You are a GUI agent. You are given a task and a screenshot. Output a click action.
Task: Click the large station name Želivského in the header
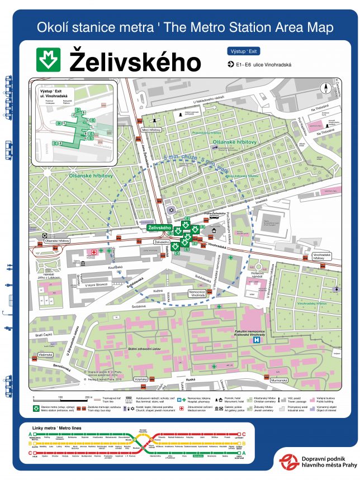(x=135, y=61)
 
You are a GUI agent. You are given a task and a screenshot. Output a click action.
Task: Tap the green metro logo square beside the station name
(x=49, y=60)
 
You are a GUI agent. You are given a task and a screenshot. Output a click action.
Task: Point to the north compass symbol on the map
(x=324, y=88)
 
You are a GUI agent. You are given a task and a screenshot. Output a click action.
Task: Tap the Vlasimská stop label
(x=45, y=354)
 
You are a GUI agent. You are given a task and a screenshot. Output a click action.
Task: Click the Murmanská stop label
(x=310, y=381)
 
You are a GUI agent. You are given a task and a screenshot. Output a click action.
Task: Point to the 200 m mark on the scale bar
(x=88, y=397)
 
